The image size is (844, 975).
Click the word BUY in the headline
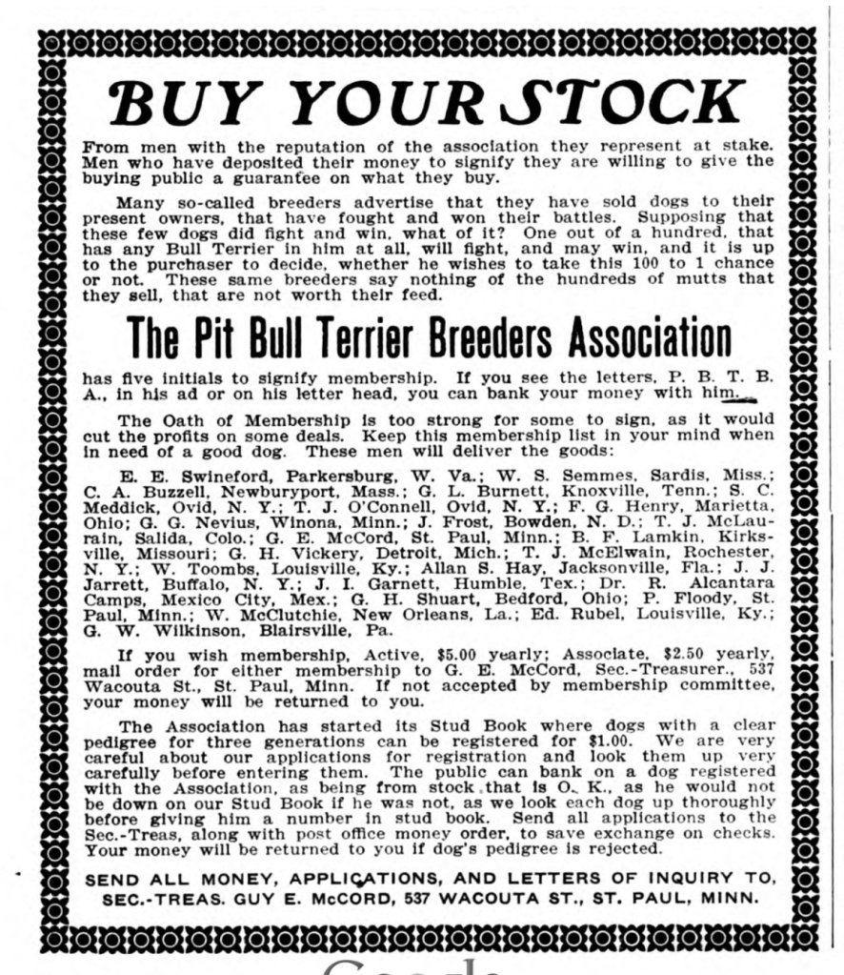point(182,103)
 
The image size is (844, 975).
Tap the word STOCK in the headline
point(633,103)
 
